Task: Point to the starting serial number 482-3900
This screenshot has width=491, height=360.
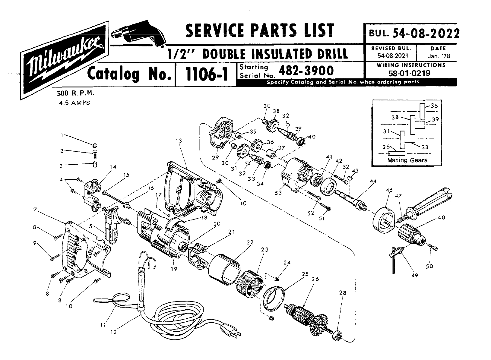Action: (x=306, y=71)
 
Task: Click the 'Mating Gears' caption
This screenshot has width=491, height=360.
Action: (x=407, y=160)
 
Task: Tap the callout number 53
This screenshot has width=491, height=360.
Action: (x=278, y=192)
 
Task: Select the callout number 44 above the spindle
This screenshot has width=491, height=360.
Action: (x=373, y=181)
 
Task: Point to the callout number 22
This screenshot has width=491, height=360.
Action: (x=250, y=242)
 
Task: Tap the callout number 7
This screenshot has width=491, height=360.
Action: (x=36, y=210)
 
